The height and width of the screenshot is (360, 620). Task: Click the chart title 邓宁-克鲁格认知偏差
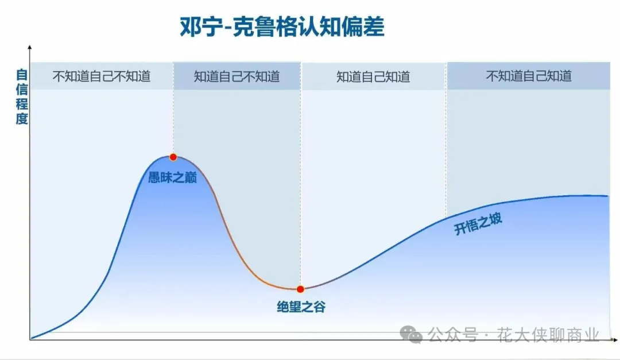282,27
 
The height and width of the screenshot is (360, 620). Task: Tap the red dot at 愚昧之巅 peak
173,157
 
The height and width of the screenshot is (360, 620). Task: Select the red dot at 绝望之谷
300,289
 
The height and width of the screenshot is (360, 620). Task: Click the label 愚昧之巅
172,177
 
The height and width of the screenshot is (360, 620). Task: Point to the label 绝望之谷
301,307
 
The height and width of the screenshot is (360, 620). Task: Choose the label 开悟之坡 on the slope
478,223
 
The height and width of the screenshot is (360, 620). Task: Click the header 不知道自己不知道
102,76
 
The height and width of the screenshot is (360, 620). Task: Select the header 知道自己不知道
237,76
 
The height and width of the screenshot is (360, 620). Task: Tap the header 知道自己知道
373,76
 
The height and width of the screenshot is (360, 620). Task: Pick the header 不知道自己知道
529,76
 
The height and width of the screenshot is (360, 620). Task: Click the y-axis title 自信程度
22,96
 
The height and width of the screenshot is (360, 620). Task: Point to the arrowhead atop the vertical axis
30,48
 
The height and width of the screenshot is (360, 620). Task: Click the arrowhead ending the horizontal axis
615,339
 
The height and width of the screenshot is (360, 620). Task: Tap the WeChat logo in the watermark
411,335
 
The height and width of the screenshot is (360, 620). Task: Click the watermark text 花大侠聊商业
548,335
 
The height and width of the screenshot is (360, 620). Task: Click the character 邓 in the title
191,27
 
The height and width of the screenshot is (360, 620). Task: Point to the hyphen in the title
227,28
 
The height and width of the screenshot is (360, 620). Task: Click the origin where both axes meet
30,339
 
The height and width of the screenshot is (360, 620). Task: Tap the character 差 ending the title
373,27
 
